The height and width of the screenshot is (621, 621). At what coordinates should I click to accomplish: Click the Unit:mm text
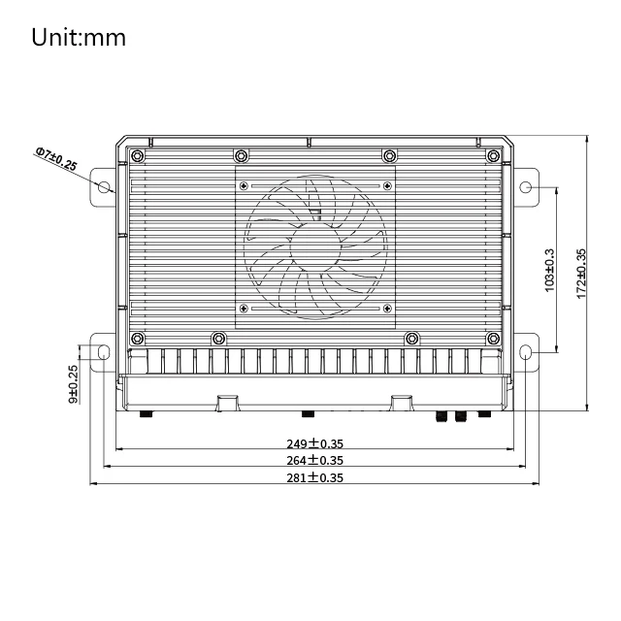click(79, 38)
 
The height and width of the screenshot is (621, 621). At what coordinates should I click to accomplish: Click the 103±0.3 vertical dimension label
click(550, 270)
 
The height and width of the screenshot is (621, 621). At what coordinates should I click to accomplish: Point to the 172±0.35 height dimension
click(581, 274)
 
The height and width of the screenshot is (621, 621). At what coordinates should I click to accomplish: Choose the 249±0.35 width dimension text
click(312, 443)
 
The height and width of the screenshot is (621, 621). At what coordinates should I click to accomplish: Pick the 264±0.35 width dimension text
click(312, 460)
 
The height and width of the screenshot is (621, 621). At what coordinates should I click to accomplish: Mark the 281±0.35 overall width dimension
click(312, 477)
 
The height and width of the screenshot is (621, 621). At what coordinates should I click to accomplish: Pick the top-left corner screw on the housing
click(138, 156)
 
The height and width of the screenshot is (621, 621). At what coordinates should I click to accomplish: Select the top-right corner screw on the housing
click(490, 156)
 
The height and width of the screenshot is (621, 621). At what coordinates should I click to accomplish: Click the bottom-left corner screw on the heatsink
click(138, 338)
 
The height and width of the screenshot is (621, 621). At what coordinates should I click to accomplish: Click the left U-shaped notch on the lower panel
click(227, 401)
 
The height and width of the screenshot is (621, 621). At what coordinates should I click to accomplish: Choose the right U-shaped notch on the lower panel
click(401, 401)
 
